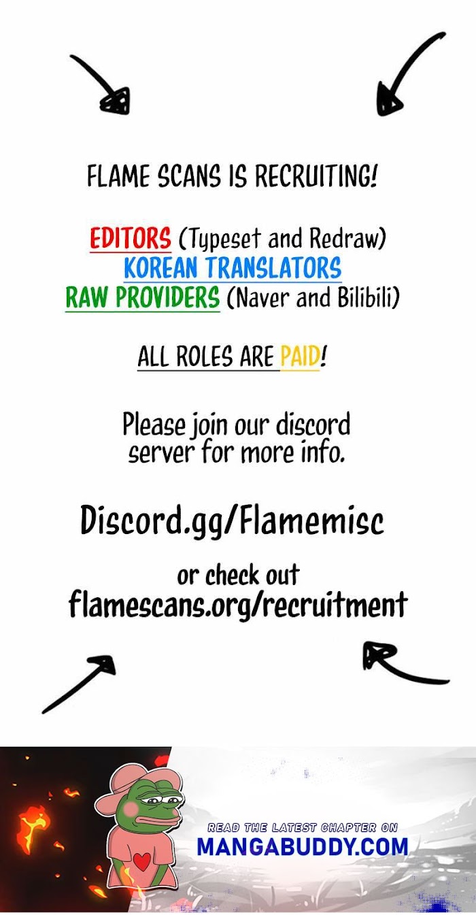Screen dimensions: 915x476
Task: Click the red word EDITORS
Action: point(130,239)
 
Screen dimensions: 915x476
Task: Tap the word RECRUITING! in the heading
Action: point(316,177)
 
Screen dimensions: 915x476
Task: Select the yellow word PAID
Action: point(300,357)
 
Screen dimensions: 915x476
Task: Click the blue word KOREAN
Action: point(163,269)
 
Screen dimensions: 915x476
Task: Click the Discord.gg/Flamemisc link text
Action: point(232,520)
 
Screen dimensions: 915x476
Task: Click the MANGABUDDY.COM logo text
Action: point(303,846)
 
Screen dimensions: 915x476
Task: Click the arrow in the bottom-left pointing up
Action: point(80,683)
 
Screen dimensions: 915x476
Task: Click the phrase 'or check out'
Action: point(237,576)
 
